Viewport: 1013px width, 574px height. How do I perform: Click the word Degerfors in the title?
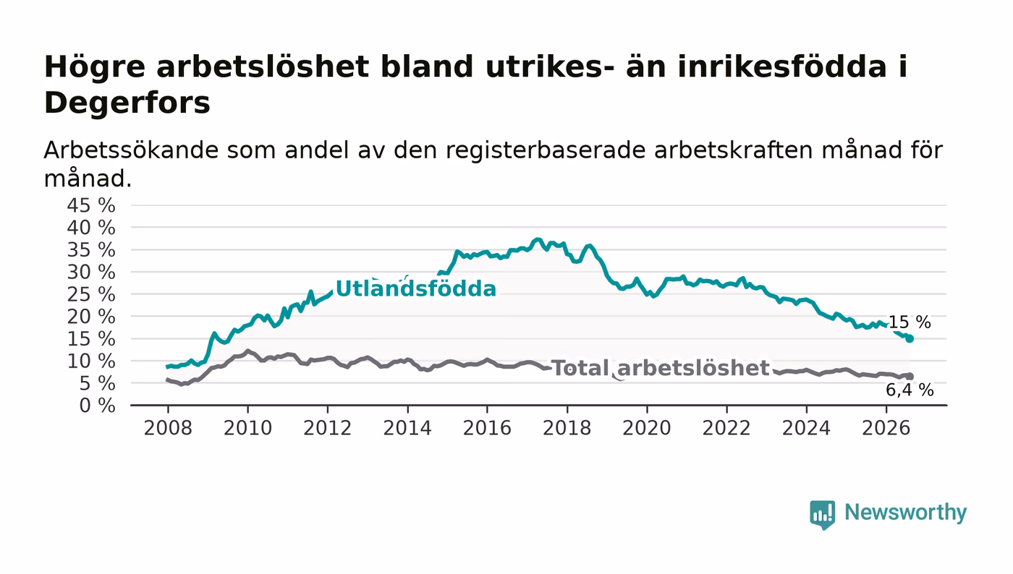coord(127,103)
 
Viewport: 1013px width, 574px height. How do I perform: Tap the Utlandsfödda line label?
coord(416,289)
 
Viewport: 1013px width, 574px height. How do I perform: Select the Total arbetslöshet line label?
coord(661,368)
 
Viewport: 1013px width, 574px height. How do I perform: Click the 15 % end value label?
coord(910,322)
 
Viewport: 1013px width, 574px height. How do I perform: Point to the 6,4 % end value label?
coord(910,390)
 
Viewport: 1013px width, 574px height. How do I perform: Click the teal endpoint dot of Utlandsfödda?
coord(910,338)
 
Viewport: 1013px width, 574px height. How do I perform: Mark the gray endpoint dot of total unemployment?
coord(910,377)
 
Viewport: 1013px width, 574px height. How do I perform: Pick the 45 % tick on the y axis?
coord(91,205)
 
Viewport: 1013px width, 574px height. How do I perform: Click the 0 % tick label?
coord(97,406)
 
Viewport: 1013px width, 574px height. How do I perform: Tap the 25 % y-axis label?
coord(91,295)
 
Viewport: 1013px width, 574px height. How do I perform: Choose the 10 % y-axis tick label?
coord(91,361)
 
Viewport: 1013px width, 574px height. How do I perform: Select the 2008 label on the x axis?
coord(168,428)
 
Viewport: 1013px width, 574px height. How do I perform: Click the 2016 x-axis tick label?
coord(487,428)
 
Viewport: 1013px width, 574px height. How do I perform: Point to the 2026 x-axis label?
coord(886,428)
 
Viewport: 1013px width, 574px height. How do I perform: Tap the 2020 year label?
coord(647,428)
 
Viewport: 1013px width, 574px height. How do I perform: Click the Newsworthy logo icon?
coord(822,514)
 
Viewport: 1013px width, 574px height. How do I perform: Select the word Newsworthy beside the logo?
coord(905,513)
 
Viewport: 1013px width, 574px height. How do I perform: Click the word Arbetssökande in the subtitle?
coord(131,150)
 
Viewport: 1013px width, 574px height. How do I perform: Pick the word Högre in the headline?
coord(95,68)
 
